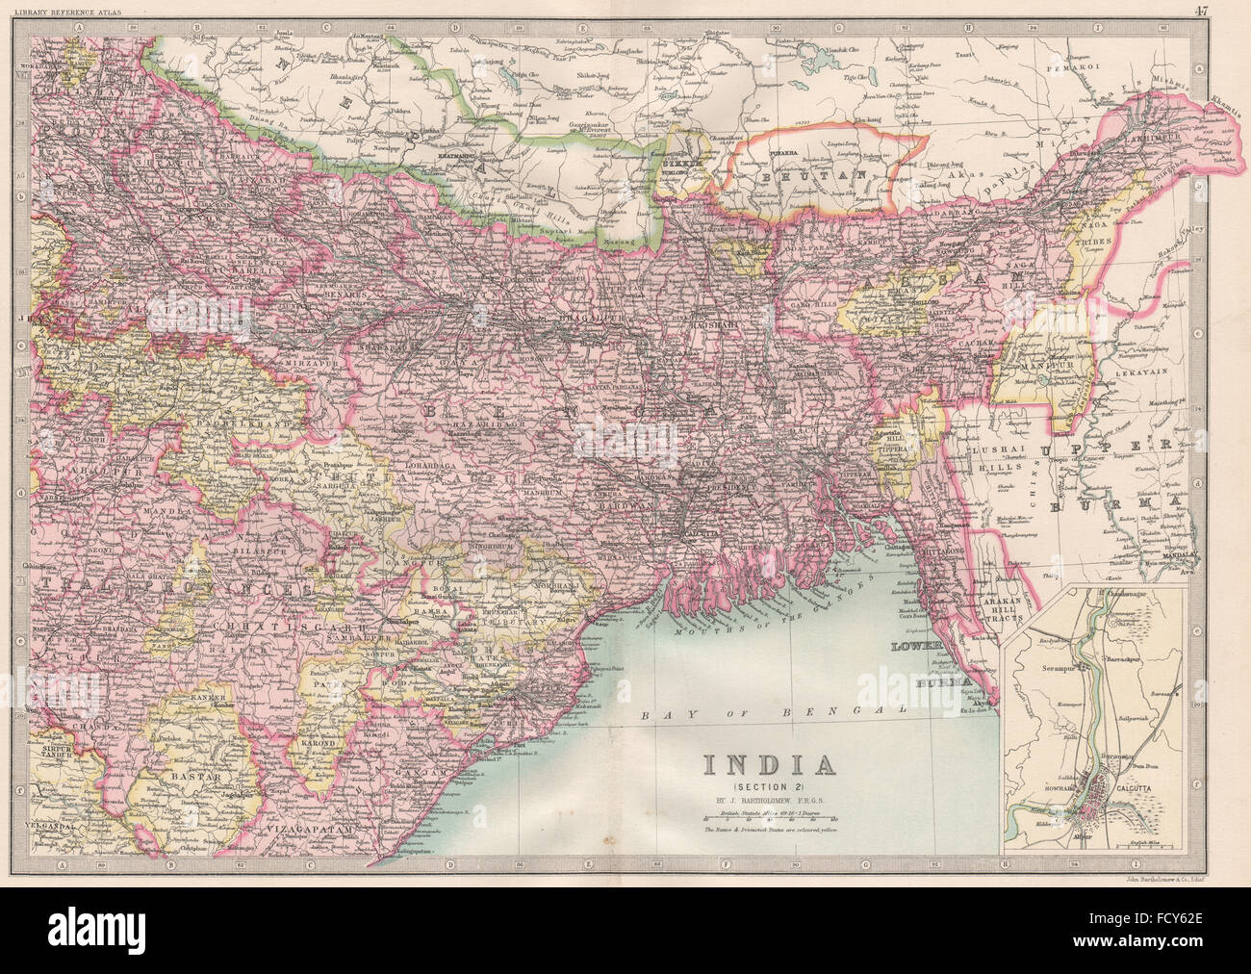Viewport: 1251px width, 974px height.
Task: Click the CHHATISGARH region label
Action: [x=243, y=627]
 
